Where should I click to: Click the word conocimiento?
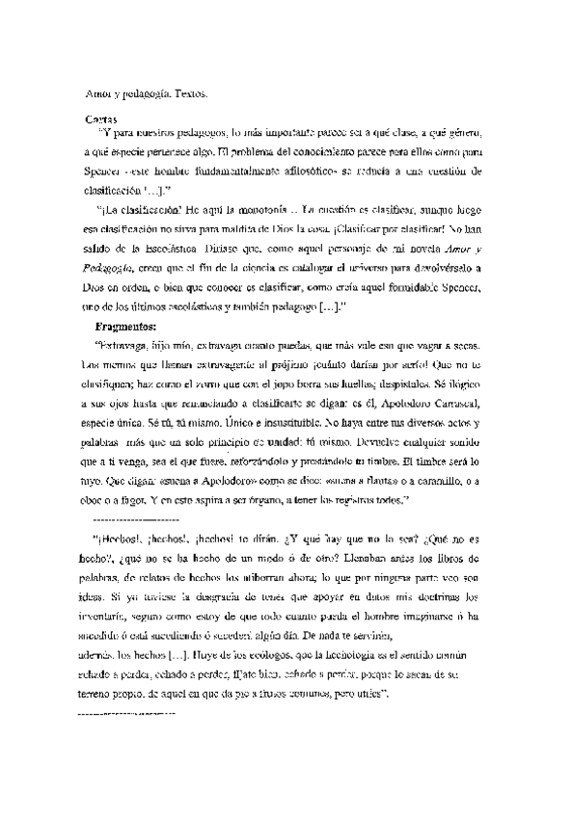click(x=324, y=153)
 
